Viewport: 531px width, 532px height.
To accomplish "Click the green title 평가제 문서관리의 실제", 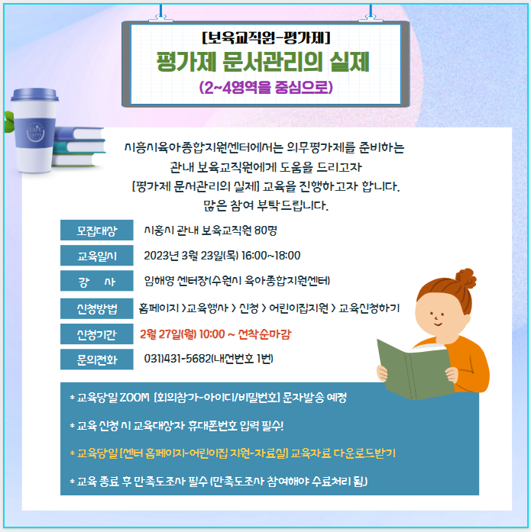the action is click(263, 62).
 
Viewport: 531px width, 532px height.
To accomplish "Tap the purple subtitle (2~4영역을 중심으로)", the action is click(266, 87).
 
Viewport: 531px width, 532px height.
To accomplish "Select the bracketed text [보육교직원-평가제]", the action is click(266, 37).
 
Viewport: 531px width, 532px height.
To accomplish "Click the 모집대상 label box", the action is click(97, 231).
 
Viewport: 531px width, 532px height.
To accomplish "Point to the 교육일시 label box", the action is click(97, 256).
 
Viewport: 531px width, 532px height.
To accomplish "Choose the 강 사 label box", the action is click(97, 281).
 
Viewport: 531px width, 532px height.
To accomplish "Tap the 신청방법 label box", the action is click(97, 308).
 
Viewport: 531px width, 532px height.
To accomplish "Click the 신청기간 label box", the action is click(97, 334).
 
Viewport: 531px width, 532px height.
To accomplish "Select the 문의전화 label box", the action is click(97, 360).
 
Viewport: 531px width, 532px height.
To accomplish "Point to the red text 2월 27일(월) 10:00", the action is click(183, 334).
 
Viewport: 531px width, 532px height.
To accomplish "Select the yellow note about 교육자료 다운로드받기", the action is click(233, 453).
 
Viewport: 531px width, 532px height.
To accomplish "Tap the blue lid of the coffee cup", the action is click(34, 95).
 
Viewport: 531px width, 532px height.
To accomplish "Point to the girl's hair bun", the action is click(466, 278).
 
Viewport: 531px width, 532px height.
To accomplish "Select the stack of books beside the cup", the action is click(79, 147).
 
